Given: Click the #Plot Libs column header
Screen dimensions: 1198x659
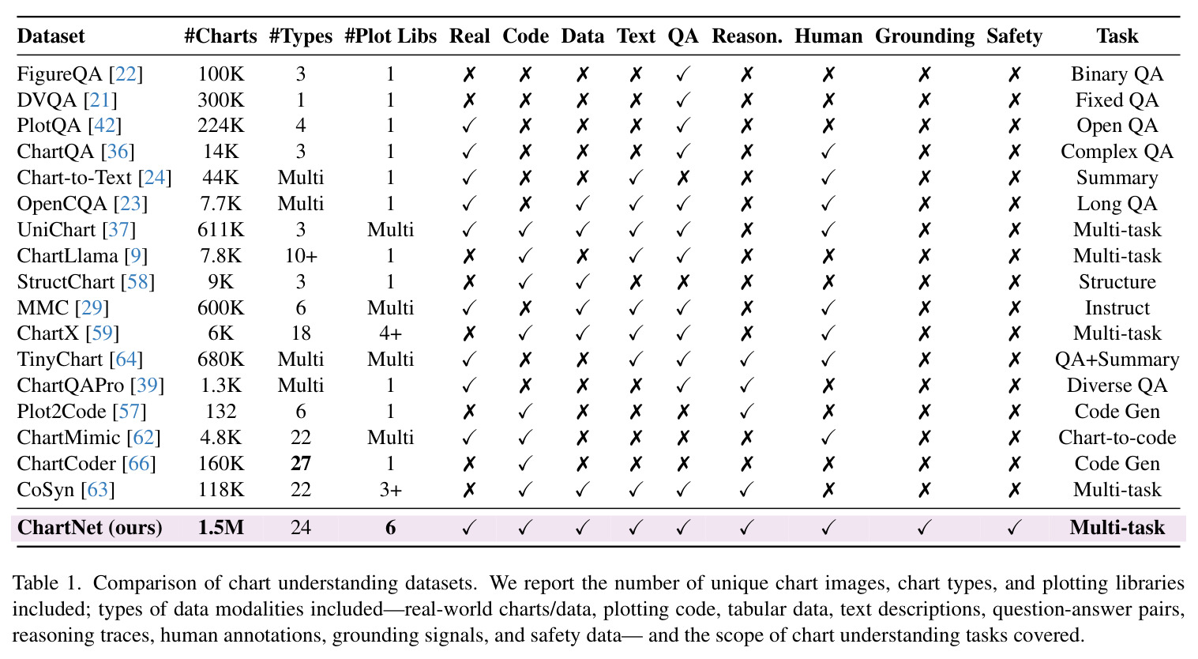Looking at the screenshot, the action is pyautogui.click(x=390, y=36).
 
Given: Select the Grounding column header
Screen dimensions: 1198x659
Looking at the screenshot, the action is pyautogui.click(x=925, y=36).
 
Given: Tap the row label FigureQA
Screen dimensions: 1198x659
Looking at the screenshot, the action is pyautogui.click(x=59, y=73).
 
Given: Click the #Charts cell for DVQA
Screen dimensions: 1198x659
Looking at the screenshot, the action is pyautogui.click(x=221, y=100).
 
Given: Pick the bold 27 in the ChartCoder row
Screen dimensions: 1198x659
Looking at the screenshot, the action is pyautogui.click(x=301, y=463).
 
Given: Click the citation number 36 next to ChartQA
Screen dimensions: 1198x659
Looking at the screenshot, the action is pyautogui.click(x=118, y=152).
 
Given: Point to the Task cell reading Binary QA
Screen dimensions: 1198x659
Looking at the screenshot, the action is pyautogui.click(x=1117, y=73).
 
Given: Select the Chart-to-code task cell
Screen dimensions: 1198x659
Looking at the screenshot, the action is pyautogui.click(x=1117, y=438).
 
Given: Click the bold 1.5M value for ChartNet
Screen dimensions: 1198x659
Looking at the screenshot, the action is pyautogui.click(x=221, y=527).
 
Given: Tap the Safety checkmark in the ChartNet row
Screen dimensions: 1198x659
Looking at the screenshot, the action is pyautogui.click(x=1014, y=528).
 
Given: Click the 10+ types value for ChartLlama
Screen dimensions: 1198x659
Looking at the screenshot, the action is pyautogui.click(x=301, y=255).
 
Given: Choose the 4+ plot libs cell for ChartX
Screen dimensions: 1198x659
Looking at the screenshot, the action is pyautogui.click(x=390, y=333).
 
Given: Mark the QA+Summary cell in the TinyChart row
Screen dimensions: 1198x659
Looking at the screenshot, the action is pyautogui.click(x=1117, y=360).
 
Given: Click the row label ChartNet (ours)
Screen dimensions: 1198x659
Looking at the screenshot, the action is pyautogui.click(x=89, y=528).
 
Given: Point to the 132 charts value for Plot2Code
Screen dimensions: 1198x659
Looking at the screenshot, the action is pyautogui.click(x=221, y=411).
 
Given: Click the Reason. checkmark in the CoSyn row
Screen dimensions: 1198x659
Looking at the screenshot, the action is pyautogui.click(x=746, y=489).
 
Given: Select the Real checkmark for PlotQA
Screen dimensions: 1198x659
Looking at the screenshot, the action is pyautogui.click(x=468, y=126).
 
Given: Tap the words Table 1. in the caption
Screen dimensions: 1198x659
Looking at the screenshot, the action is pyautogui.click(x=47, y=583).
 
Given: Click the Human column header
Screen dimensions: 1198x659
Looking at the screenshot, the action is pyautogui.click(x=828, y=36).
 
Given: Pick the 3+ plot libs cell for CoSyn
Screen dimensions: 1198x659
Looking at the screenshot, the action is pyautogui.click(x=390, y=489).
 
